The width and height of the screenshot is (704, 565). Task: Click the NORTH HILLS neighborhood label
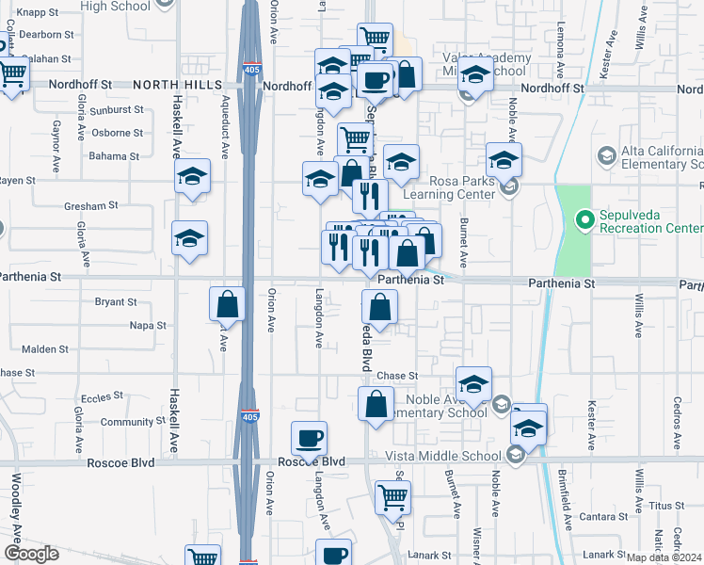pos(178,85)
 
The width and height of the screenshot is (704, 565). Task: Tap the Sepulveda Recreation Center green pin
pos(584,220)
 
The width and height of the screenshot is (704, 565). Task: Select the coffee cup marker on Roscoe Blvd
pos(310,438)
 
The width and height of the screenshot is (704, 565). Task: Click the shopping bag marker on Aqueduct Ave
pos(227,304)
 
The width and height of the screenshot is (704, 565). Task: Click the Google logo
pos(32,553)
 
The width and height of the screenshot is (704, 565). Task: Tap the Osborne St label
pos(118,133)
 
